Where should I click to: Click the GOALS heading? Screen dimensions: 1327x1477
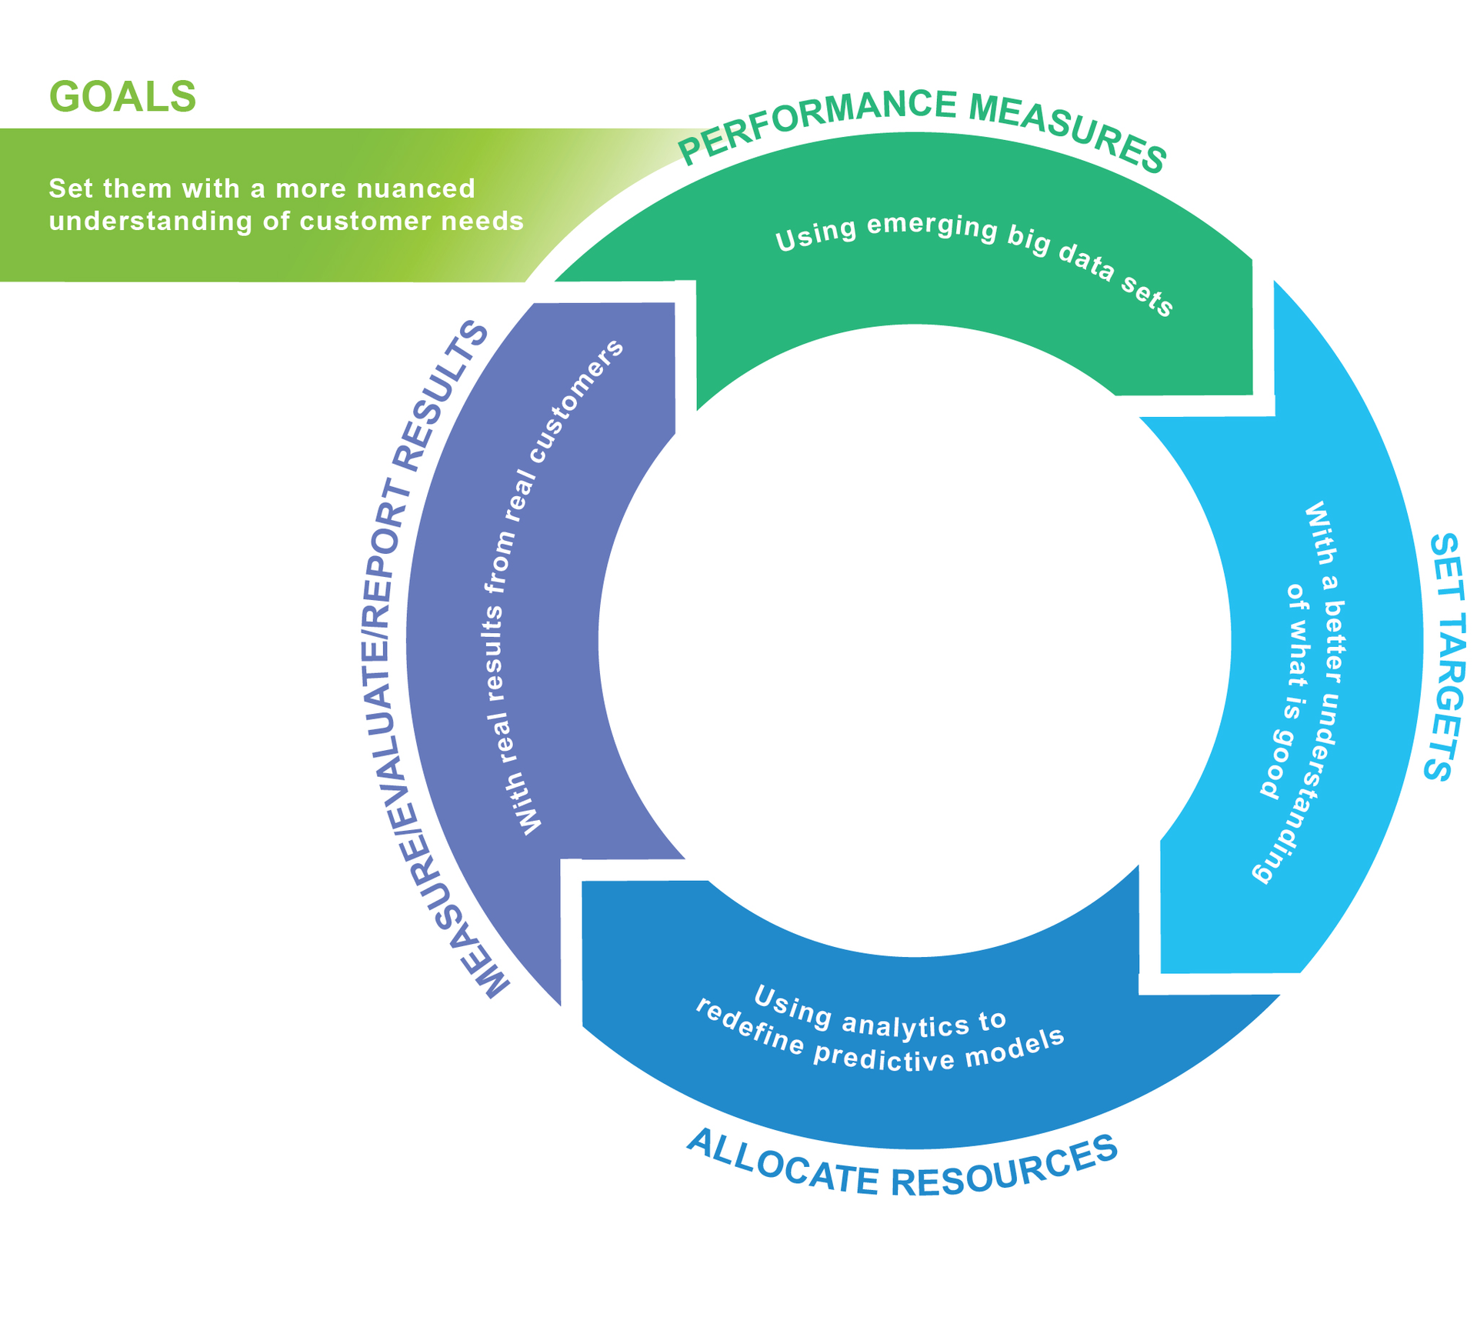coord(122,98)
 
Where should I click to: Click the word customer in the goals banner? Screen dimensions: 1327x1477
coord(361,222)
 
